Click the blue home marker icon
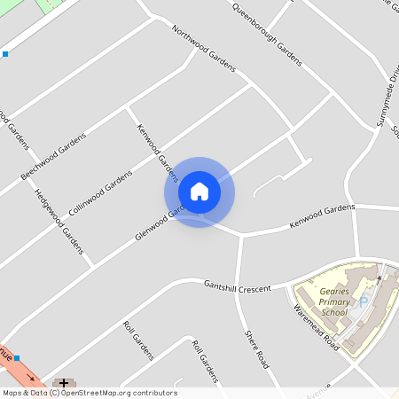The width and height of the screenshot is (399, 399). (199, 192)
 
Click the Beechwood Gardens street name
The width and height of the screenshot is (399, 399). (53, 157)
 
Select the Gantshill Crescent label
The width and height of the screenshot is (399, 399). (237, 287)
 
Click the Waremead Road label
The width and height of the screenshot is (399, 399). (317, 328)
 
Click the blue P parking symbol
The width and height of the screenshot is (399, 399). (363, 301)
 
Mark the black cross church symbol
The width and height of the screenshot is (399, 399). (64, 383)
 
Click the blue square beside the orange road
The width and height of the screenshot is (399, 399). (17, 358)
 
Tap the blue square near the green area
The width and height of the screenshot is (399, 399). (5, 54)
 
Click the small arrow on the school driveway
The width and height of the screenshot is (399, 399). (380, 278)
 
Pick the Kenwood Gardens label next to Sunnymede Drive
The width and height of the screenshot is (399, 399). (321, 215)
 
